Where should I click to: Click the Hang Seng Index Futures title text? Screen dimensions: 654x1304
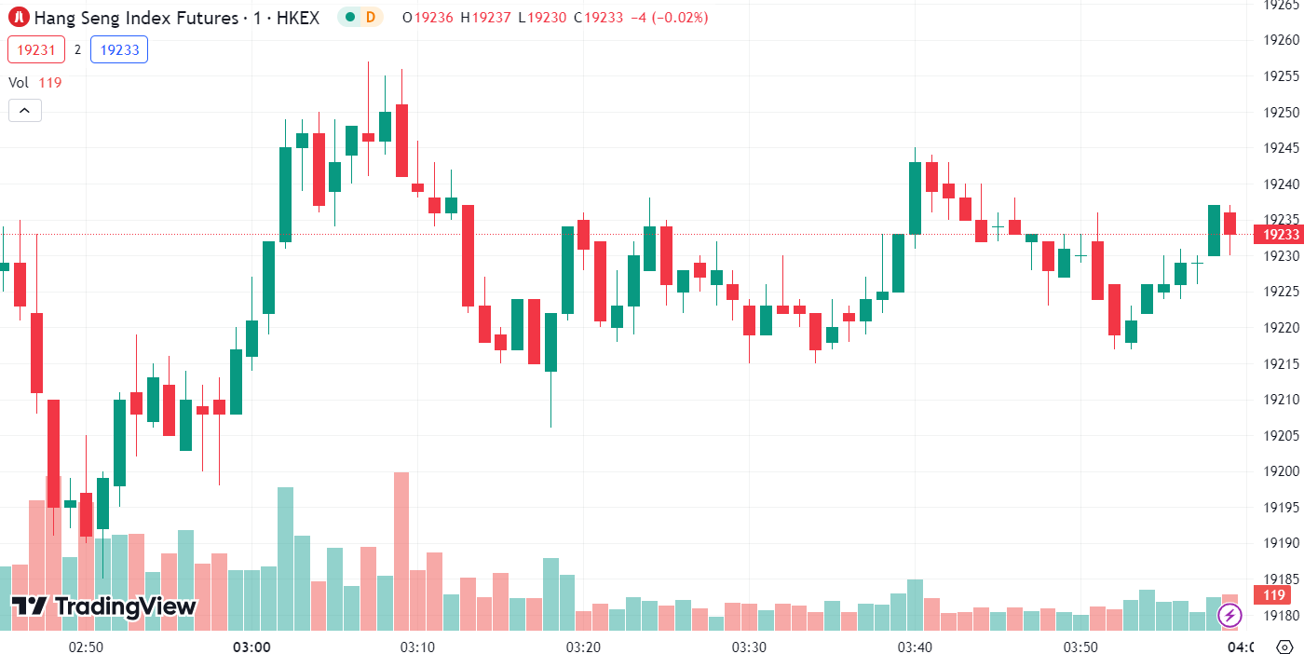point(140,17)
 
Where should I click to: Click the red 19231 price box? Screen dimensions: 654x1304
point(36,49)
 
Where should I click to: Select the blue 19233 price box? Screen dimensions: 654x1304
point(119,49)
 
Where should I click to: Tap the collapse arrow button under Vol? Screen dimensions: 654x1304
point(25,111)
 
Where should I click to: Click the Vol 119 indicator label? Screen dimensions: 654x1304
point(35,82)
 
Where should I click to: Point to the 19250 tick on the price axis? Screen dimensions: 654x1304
point(1281,112)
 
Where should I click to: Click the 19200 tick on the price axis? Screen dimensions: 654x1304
point(1281,471)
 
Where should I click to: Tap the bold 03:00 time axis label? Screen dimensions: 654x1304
point(251,647)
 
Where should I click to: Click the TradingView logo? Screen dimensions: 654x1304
point(103,606)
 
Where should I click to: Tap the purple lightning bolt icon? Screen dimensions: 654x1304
point(1230,615)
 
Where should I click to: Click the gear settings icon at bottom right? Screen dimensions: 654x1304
point(1284,646)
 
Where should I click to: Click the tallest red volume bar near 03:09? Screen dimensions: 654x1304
point(401,550)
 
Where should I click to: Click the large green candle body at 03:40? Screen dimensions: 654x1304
point(915,198)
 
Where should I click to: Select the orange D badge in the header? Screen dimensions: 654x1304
point(371,17)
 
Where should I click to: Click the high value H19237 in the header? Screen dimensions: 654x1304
point(485,17)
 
